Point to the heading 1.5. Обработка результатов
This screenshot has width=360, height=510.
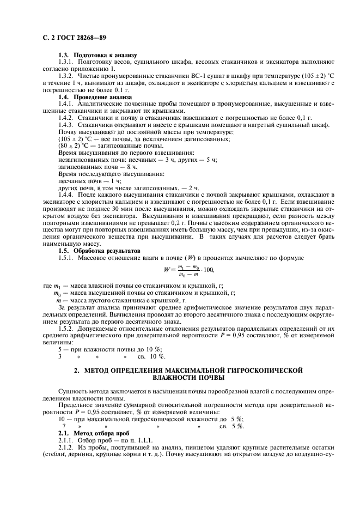click(x=99, y=250)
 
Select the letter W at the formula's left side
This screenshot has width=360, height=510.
click(x=167, y=269)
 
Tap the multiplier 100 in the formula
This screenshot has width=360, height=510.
click(x=208, y=270)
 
